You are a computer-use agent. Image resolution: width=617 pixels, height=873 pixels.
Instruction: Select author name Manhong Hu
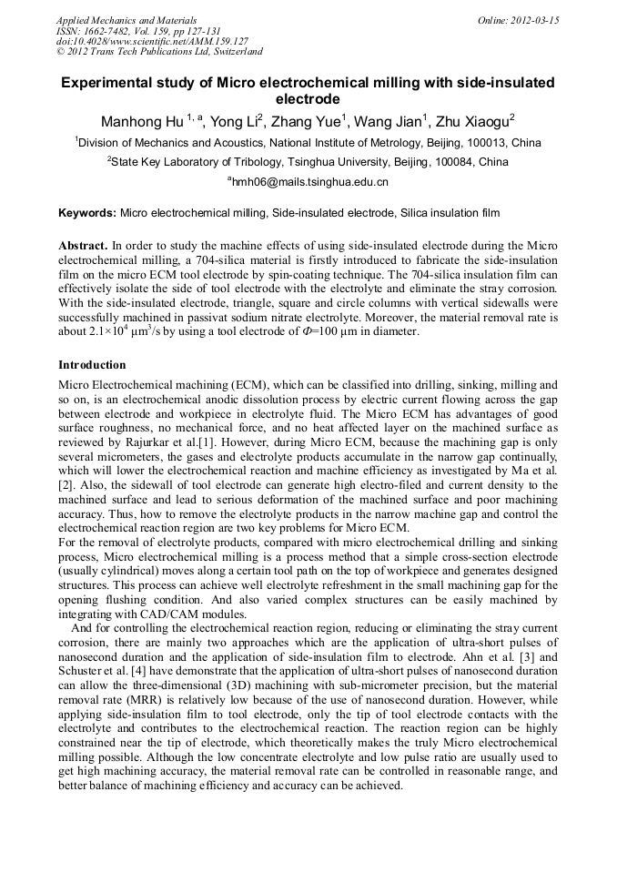(x=141, y=120)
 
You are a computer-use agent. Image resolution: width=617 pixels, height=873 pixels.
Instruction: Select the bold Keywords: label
(x=87, y=213)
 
